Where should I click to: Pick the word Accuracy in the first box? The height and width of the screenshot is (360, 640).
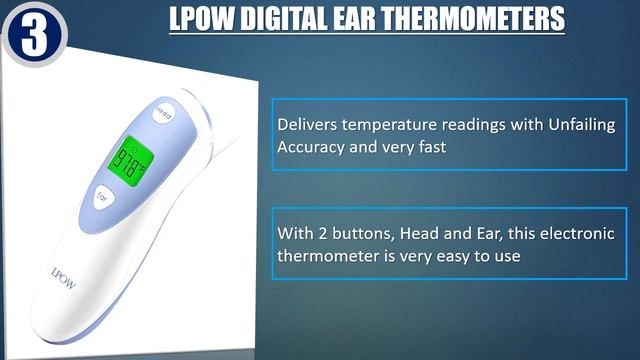coord(310,146)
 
